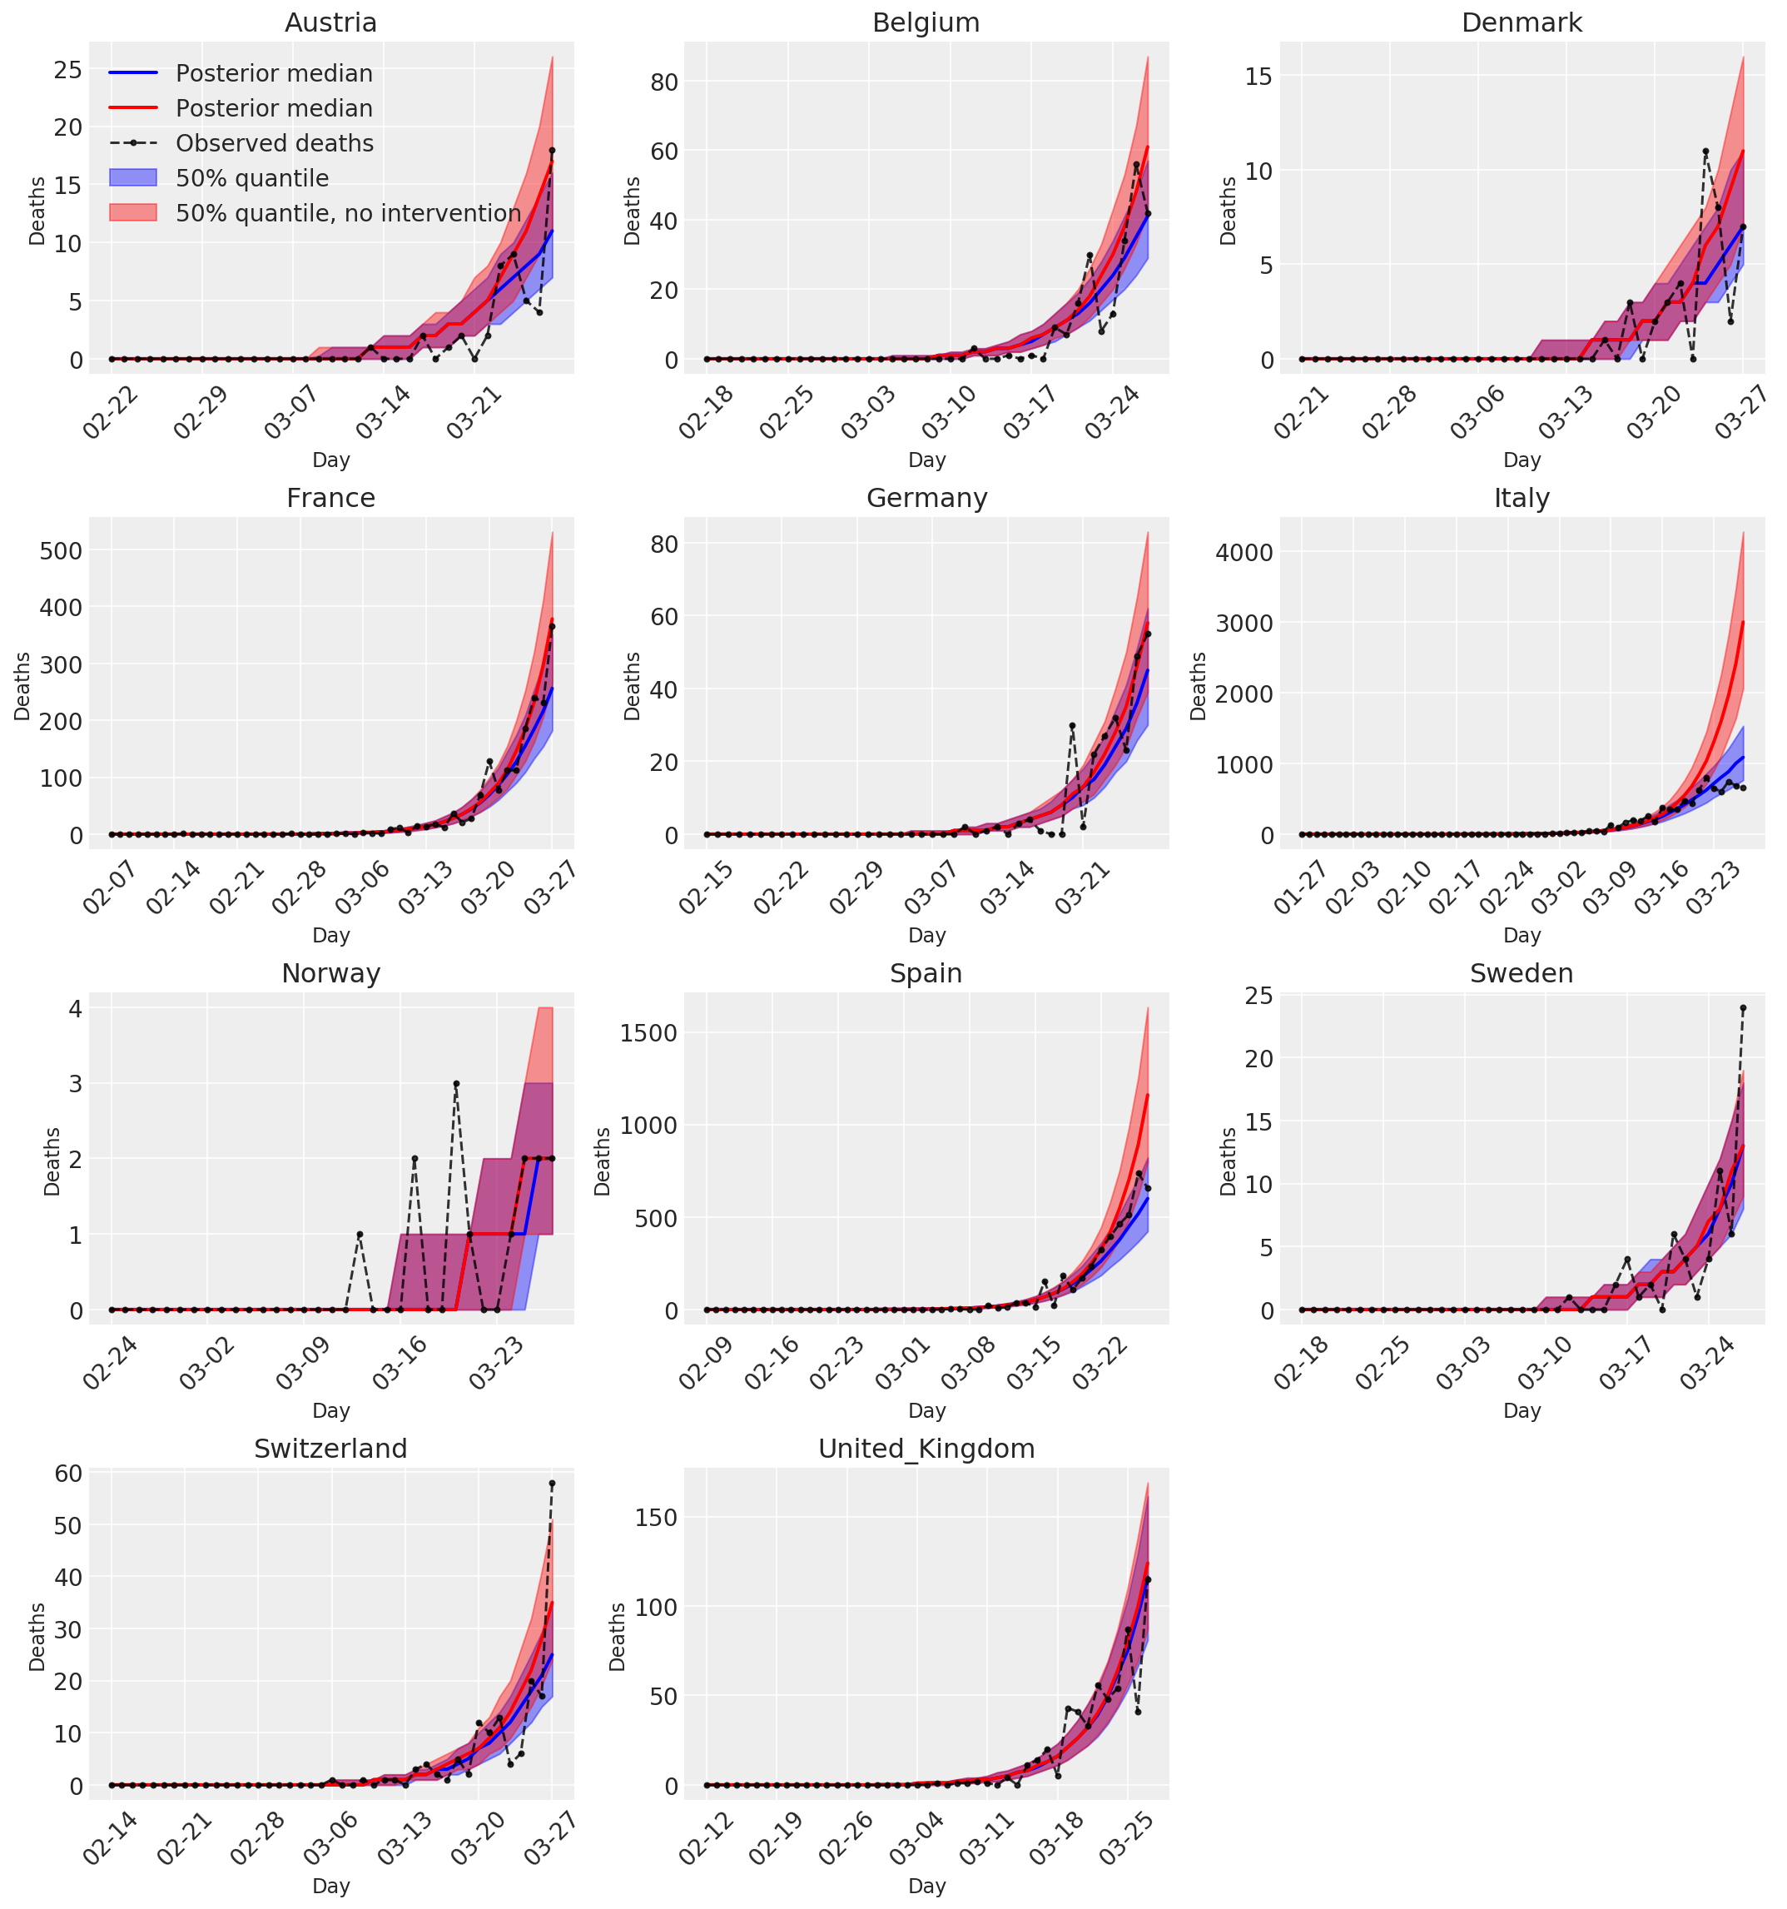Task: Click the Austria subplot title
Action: click(330, 23)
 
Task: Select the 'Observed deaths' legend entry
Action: click(274, 143)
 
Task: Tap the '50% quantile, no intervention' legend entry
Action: click(348, 213)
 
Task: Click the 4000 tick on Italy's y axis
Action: click(1243, 552)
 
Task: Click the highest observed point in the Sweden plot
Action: click(1743, 1008)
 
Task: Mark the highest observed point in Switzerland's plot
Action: click(552, 1484)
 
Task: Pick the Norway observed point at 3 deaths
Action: click(456, 1083)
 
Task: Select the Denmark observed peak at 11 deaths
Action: click(1705, 152)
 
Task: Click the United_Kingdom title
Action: click(926, 1449)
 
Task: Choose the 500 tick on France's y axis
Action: click(62, 550)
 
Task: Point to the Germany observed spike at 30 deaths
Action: click(1073, 726)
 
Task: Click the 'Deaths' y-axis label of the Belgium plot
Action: click(631, 211)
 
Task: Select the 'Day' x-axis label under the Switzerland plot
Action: click(330, 1886)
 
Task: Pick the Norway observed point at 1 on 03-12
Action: click(359, 1234)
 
